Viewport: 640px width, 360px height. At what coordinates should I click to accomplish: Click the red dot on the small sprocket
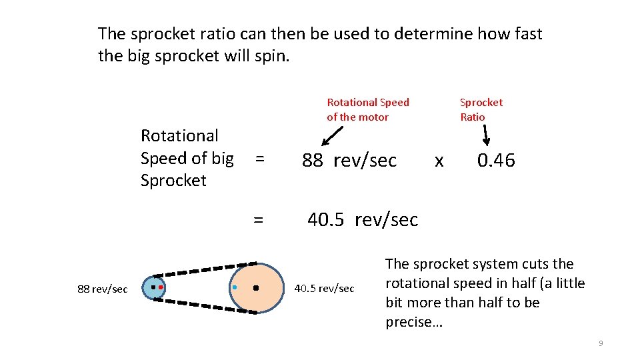[x=161, y=287]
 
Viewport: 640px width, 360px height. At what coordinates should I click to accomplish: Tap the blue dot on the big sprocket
[x=235, y=287]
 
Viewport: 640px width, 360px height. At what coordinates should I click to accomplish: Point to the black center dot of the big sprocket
[x=256, y=289]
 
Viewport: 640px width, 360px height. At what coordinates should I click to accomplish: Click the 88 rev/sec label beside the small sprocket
[x=102, y=289]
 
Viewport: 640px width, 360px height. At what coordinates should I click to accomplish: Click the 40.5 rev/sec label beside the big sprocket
[x=324, y=288]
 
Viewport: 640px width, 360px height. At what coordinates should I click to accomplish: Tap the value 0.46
[x=496, y=160]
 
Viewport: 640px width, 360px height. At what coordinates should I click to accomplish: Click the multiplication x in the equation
[x=439, y=161]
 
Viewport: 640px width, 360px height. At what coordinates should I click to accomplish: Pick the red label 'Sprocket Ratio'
[x=481, y=109]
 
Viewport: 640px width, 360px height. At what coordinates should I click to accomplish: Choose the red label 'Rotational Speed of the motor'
[x=367, y=109]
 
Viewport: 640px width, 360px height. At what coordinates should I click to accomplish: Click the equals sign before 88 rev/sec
[x=259, y=159]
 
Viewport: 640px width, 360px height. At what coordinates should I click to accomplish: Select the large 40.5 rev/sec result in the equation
[x=363, y=219]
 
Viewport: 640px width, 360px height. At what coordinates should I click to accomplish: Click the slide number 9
[x=601, y=343]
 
